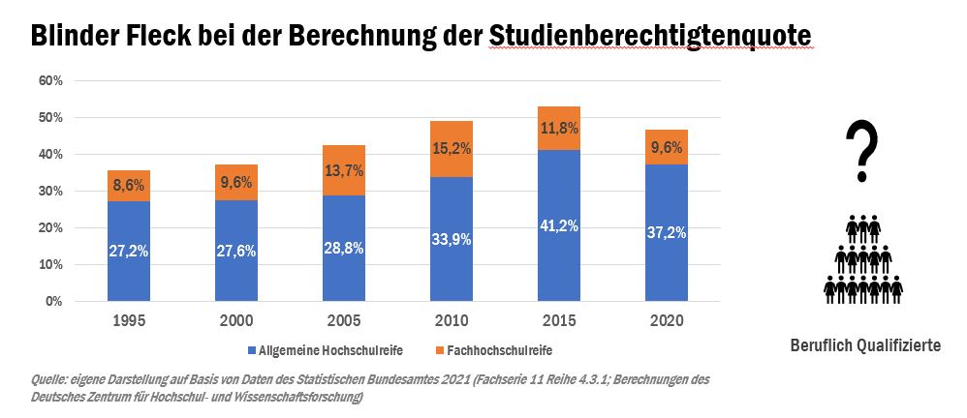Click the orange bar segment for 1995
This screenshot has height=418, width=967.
[129, 186]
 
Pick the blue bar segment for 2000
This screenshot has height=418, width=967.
[235, 251]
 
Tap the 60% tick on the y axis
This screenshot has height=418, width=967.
[50, 81]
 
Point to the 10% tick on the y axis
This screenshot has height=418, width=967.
[50, 265]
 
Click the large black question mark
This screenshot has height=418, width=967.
[861, 152]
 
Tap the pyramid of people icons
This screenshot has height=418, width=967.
[862, 256]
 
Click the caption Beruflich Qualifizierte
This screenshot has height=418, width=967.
[865, 345]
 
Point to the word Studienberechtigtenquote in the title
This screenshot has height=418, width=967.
[650, 36]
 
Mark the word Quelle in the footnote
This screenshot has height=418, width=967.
[51, 379]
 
